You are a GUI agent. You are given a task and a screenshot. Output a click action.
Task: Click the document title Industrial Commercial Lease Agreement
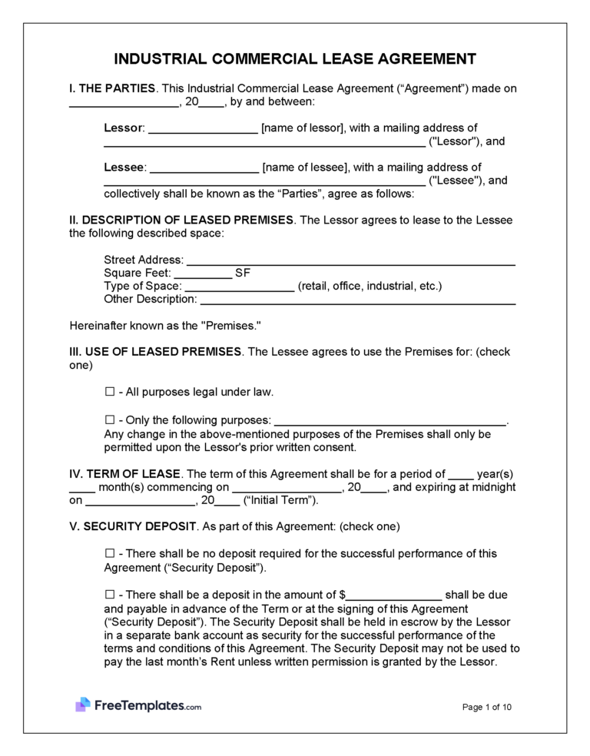tap(295, 59)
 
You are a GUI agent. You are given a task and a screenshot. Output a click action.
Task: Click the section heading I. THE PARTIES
tap(112, 88)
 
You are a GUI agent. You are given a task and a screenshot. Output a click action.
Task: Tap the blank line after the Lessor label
tap(203, 129)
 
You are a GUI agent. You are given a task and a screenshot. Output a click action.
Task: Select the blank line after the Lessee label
tap(203, 168)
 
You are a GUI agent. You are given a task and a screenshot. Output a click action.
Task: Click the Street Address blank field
tap(350, 261)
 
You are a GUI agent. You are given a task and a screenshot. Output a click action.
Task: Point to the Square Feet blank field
tap(203, 274)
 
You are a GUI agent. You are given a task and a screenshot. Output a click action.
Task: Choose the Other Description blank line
tap(357, 300)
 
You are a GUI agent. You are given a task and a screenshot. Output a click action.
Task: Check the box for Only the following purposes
tap(109, 420)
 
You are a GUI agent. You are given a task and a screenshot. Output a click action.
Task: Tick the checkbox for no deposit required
tap(109, 554)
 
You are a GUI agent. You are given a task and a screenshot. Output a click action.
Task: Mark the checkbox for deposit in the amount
tap(109, 595)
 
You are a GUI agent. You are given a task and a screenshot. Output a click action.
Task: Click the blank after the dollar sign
tap(394, 596)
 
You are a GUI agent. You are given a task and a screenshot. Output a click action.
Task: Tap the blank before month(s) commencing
tap(82, 488)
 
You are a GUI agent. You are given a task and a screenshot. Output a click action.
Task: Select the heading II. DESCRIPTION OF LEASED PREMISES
tap(181, 220)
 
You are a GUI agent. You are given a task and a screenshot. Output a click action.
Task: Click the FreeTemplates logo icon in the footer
tap(83, 705)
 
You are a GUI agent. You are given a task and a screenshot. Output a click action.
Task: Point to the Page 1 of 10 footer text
tap(487, 707)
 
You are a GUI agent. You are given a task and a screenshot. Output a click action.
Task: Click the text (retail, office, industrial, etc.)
tap(370, 287)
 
